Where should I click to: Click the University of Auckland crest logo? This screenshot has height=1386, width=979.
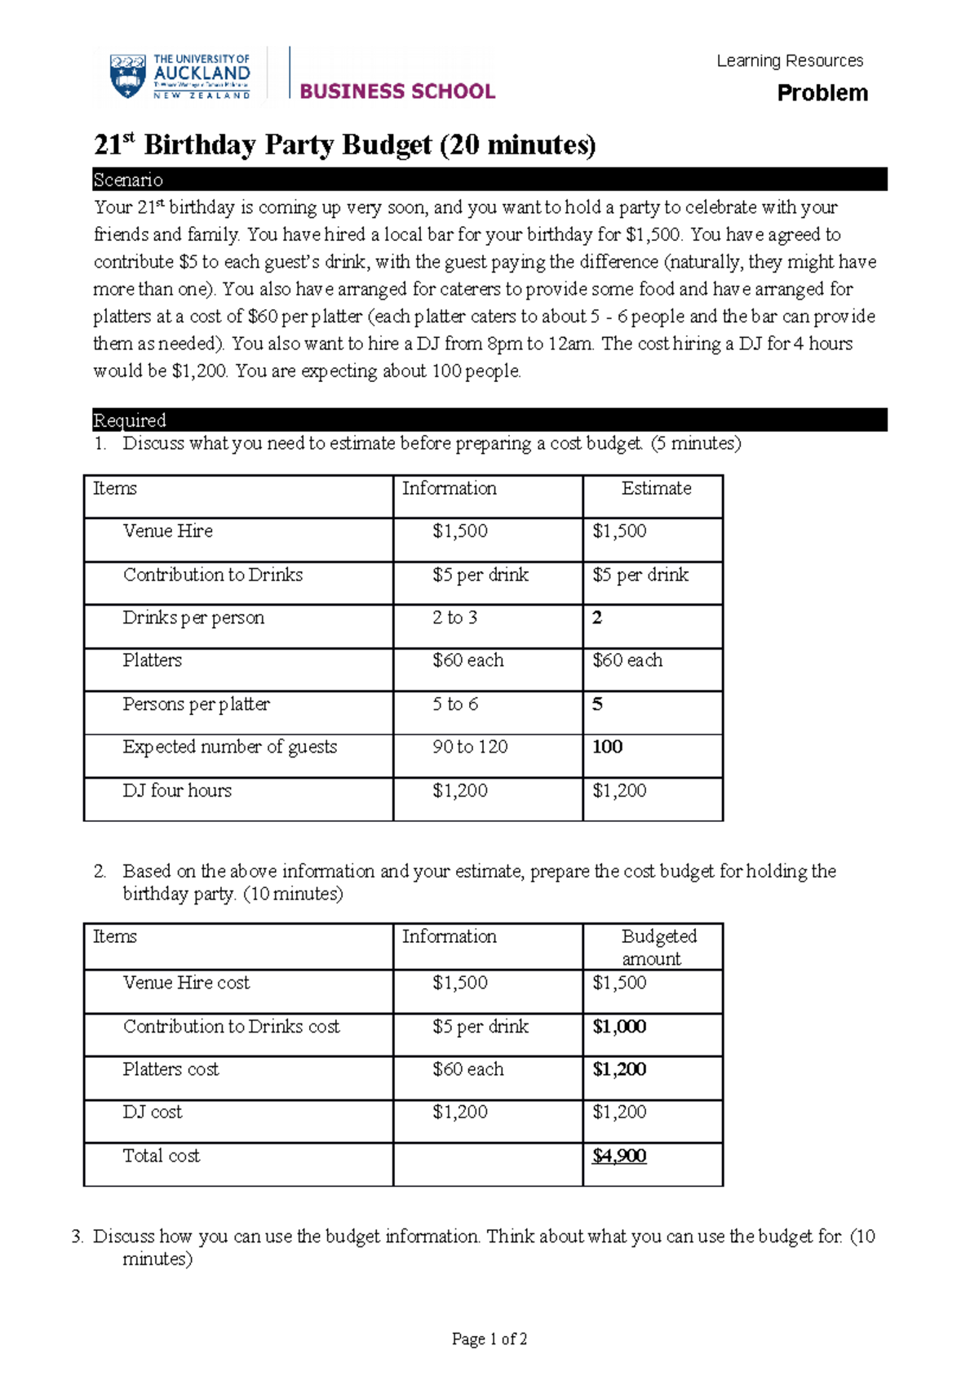(127, 77)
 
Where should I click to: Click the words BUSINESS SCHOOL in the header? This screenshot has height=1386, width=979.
(397, 91)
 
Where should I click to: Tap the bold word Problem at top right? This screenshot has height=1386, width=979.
(822, 93)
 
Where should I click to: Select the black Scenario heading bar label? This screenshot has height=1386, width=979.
(128, 180)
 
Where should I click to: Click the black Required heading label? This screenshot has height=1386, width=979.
(130, 420)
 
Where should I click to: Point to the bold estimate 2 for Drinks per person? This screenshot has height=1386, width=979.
(597, 618)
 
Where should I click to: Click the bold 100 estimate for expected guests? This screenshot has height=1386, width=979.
(608, 747)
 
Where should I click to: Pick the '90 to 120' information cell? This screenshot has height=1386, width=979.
(470, 747)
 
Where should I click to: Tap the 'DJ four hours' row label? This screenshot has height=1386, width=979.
(177, 790)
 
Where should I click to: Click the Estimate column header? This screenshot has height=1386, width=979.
(656, 488)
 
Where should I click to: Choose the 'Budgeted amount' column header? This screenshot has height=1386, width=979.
(658, 947)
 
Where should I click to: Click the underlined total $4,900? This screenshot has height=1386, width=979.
(619, 1156)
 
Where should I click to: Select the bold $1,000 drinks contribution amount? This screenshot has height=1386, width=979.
(619, 1027)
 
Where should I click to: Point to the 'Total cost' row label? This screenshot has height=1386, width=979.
(162, 1156)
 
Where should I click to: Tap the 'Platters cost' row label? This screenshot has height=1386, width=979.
(171, 1069)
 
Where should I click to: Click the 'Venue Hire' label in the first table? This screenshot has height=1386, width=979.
(168, 531)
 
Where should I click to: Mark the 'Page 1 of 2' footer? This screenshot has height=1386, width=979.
(489, 1339)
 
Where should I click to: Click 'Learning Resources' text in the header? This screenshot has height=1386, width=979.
(790, 61)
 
